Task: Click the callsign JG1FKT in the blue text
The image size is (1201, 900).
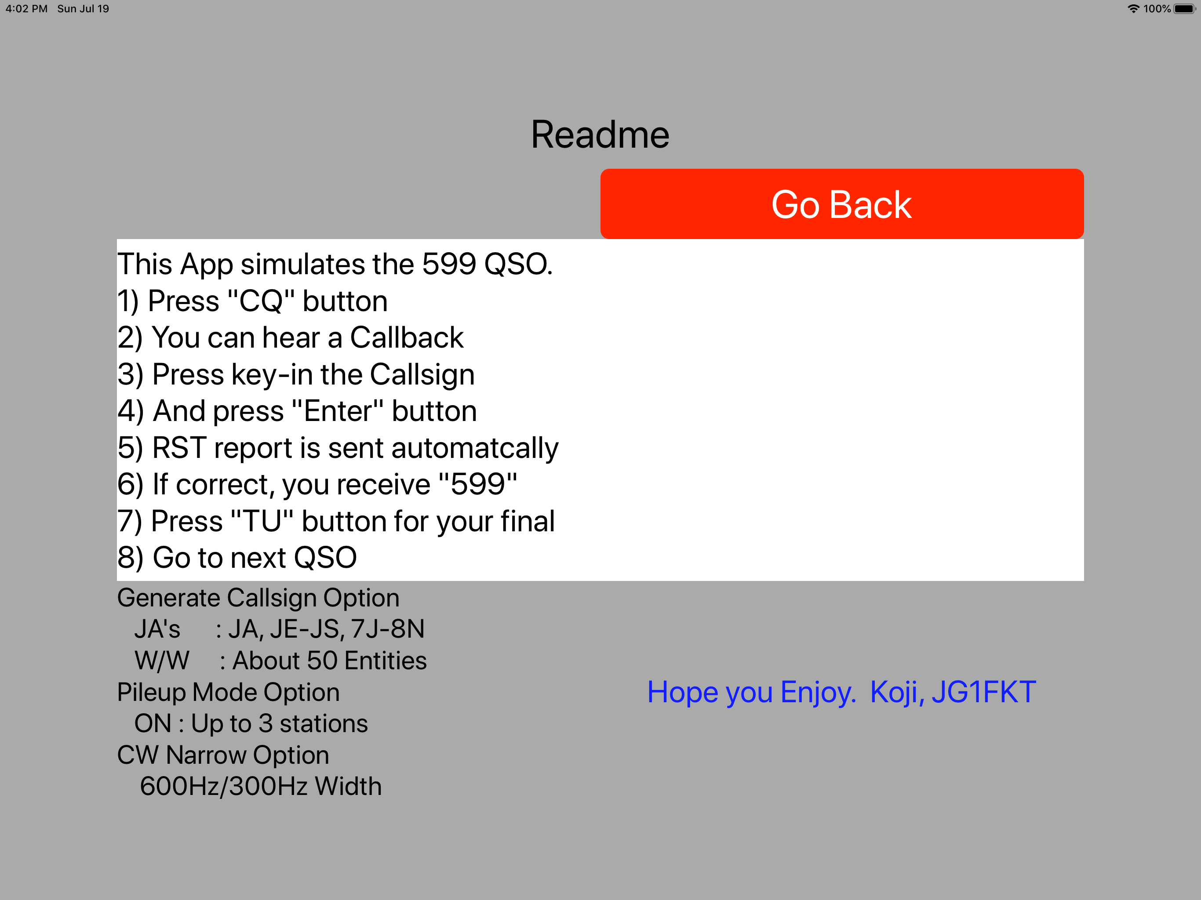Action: (x=984, y=692)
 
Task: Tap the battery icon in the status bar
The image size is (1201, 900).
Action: (x=1185, y=9)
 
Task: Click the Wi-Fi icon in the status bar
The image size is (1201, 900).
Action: (x=1133, y=9)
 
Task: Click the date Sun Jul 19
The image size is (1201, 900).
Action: (x=83, y=9)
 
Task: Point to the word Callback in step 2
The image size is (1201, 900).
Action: (x=407, y=337)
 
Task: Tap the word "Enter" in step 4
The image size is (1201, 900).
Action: (x=338, y=411)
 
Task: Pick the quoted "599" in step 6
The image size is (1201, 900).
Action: (x=478, y=484)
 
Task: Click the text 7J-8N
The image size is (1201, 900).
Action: (x=388, y=629)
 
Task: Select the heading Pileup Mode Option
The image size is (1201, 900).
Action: (x=229, y=693)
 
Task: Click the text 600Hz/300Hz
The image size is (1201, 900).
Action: (x=224, y=787)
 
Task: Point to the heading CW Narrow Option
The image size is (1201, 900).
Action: (x=223, y=755)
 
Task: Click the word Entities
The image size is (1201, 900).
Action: (x=386, y=660)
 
